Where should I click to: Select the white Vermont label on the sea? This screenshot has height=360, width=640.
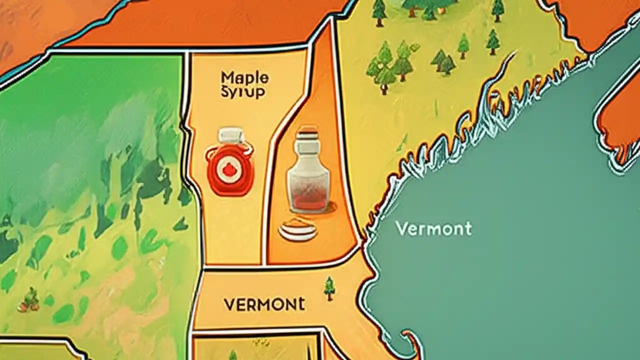[x=433, y=229]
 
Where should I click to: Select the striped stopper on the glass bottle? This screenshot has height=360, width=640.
[x=307, y=133]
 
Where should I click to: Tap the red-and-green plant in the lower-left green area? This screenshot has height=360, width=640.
[x=31, y=298]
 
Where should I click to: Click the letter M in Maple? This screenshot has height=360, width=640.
[x=227, y=78]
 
